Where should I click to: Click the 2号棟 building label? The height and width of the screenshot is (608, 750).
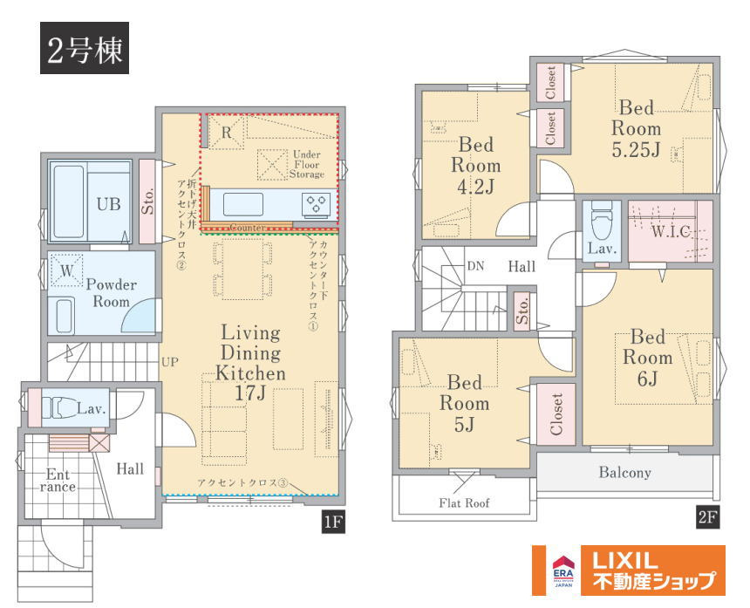tap(85, 48)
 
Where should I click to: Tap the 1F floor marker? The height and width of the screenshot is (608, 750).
tap(333, 521)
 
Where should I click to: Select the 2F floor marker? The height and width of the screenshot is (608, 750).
tap(707, 517)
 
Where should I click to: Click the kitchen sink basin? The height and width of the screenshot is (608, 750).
tap(243, 204)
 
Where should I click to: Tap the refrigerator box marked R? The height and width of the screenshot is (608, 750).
tap(227, 132)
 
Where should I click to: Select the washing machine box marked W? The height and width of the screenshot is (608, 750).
tap(66, 270)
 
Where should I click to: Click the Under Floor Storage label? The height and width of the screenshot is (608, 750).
tap(307, 164)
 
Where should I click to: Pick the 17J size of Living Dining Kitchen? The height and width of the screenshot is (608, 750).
tap(250, 393)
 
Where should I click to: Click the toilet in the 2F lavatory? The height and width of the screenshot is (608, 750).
tap(601, 221)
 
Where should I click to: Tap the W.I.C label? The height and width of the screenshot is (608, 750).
tap(671, 231)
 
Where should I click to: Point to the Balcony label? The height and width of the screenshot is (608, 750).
tap(624, 473)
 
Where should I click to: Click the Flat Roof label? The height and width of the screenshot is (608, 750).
tap(464, 502)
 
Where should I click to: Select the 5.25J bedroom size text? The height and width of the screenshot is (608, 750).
tap(636, 150)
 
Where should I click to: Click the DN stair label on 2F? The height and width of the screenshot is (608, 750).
tap(475, 266)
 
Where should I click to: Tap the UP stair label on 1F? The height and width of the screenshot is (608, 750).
tap(170, 362)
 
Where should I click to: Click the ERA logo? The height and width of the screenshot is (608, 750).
tap(563, 570)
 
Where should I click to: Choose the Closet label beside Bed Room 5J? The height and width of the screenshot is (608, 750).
tap(556, 414)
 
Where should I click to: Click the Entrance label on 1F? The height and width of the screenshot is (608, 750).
tap(58, 481)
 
